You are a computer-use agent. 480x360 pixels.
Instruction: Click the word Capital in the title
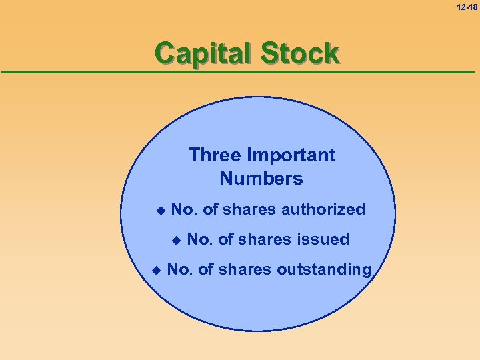[x=202, y=53]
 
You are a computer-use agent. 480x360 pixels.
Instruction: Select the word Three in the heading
[x=215, y=155]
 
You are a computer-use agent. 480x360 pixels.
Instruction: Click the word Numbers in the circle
[x=261, y=179]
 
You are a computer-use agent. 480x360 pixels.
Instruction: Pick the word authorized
[x=323, y=209]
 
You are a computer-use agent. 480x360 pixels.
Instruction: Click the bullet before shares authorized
[x=159, y=211]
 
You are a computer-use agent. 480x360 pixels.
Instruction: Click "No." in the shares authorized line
[x=185, y=209]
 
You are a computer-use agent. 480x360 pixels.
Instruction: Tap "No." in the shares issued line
[x=201, y=239]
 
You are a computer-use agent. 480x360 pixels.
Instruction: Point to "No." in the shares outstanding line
[x=180, y=269]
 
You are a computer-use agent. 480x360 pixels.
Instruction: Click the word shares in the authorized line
[x=250, y=209]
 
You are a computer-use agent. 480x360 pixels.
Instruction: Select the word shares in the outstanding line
[x=245, y=269]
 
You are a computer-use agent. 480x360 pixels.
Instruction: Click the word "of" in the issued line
[x=227, y=239]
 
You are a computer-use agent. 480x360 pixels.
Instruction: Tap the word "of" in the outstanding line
[x=206, y=269]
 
